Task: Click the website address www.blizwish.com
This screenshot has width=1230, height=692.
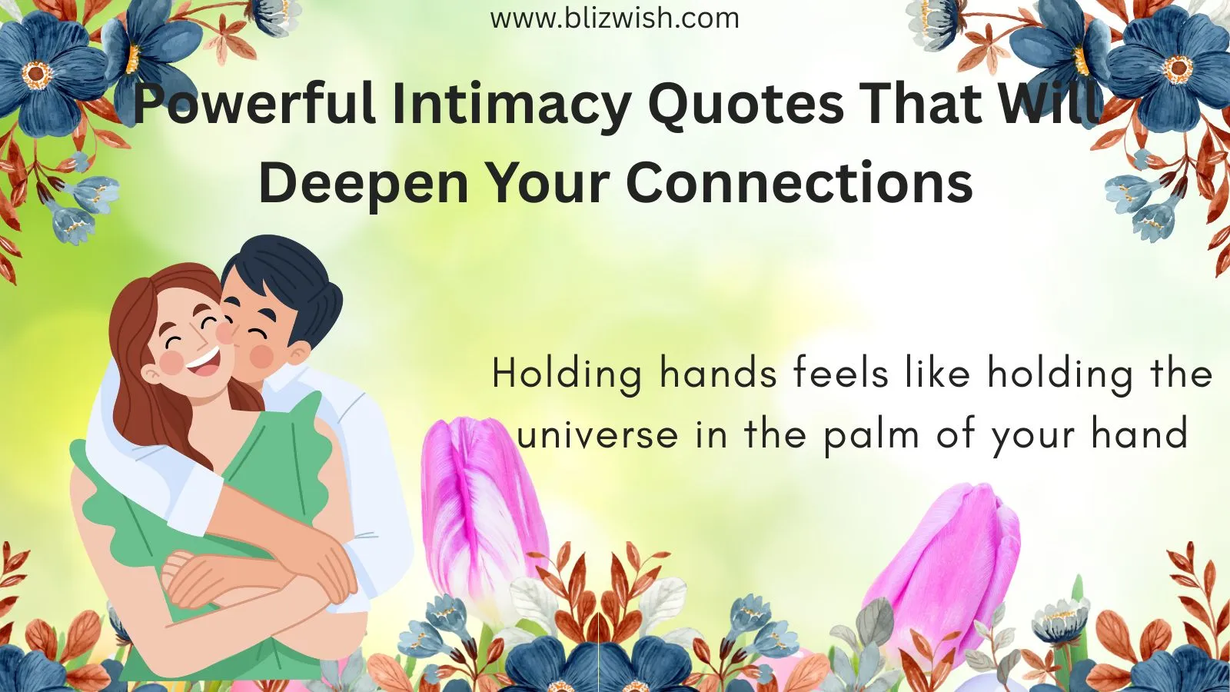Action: tap(614, 18)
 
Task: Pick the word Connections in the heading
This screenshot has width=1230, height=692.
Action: tap(799, 181)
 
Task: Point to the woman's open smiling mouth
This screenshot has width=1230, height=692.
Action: tap(203, 361)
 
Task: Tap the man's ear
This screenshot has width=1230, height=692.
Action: tap(298, 354)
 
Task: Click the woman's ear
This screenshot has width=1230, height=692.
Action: tap(151, 374)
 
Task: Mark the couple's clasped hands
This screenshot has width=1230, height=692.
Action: tap(258, 577)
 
